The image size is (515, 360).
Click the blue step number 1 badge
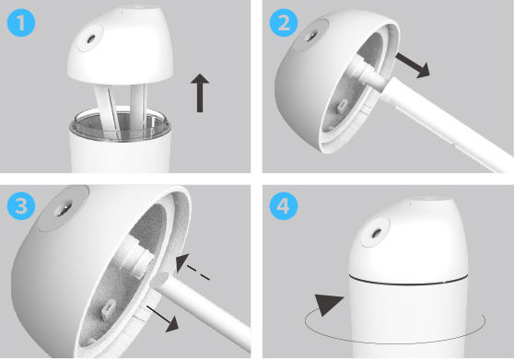click(x=21, y=22)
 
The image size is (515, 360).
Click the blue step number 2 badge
click(x=284, y=22)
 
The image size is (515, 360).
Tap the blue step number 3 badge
click(x=21, y=205)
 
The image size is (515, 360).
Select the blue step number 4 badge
click(x=284, y=205)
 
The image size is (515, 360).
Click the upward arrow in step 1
click(x=200, y=93)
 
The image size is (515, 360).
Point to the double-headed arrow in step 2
click(x=413, y=65)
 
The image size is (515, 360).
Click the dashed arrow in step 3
click(x=193, y=266)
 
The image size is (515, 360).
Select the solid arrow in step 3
click(x=162, y=319)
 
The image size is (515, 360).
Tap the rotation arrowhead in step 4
click(x=329, y=305)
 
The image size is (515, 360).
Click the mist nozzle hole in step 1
click(x=90, y=39)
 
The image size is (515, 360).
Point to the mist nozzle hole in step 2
click(x=311, y=35)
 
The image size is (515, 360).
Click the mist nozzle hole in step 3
click(x=63, y=209)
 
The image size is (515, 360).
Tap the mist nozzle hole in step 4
click(x=377, y=233)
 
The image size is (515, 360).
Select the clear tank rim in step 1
click(x=120, y=125)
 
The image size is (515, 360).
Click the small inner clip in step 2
click(x=343, y=106)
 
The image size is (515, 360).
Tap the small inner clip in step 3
click(x=108, y=309)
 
